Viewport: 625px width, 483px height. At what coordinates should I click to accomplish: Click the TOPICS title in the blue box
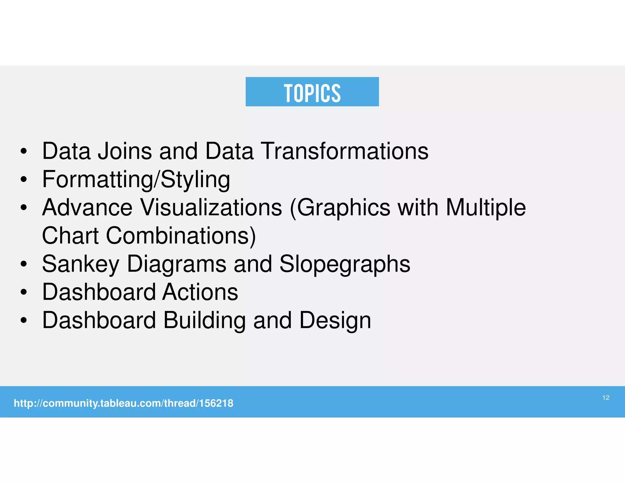[x=312, y=93]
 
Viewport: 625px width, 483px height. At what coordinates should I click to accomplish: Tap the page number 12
[x=606, y=398]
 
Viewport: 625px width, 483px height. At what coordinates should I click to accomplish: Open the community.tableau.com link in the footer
[x=123, y=403]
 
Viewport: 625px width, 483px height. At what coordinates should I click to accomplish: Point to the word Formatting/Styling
[x=136, y=180]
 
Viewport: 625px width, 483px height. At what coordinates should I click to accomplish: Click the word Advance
[x=87, y=208]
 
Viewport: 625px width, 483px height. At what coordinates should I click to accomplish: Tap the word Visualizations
[x=211, y=208]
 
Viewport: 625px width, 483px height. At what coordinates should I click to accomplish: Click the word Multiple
[x=486, y=208]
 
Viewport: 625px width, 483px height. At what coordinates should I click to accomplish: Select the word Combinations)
[x=181, y=236]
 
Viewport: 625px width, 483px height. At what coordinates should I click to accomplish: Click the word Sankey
[x=81, y=264]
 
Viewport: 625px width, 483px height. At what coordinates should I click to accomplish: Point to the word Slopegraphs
[x=345, y=264]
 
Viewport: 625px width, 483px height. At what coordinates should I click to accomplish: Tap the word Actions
[x=200, y=292]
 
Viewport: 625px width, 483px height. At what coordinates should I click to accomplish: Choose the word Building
[x=204, y=321]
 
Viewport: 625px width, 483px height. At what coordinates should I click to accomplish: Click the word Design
[x=335, y=321]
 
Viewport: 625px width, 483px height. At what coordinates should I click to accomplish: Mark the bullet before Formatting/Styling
[x=24, y=180]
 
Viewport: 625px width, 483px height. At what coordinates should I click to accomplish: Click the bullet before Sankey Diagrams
[x=24, y=264]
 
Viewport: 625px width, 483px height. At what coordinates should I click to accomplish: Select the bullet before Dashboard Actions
[x=24, y=292]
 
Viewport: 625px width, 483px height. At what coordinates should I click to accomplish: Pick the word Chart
[x=70, y=236]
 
